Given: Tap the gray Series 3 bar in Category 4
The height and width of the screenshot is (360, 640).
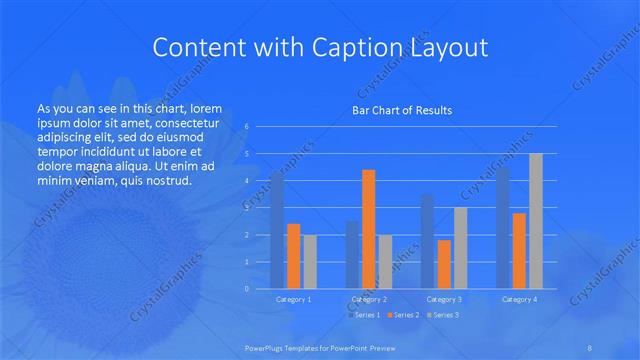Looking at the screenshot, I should (x=536, y=221).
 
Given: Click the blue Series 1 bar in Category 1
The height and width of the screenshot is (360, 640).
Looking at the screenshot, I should (x=277, y=230).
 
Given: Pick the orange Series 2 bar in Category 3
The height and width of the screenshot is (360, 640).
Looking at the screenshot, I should (x=444, y=264).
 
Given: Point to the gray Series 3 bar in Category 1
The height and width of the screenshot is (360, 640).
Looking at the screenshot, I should (x=310, y=261).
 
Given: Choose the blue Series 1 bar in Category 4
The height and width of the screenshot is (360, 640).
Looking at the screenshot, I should (x=502, y=228).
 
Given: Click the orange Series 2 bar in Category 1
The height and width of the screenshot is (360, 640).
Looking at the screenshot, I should (x=293, y=256).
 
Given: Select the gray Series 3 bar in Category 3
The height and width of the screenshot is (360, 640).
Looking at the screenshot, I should (x=460, y=248).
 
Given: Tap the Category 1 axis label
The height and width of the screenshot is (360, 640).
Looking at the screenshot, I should (x=293, y=299).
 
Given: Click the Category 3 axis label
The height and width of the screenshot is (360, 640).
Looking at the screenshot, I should (x=444, y=299).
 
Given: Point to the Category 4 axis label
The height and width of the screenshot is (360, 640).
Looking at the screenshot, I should (x=519, y=299).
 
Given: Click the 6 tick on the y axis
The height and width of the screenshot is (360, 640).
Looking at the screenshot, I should (x=247, y=127).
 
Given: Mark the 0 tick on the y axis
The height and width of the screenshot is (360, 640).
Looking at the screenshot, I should (x=247, y=289).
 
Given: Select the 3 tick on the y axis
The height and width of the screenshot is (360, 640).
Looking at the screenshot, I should (x=247, y=208).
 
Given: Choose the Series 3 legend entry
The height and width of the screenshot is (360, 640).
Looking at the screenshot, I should (x=444, y=315).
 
